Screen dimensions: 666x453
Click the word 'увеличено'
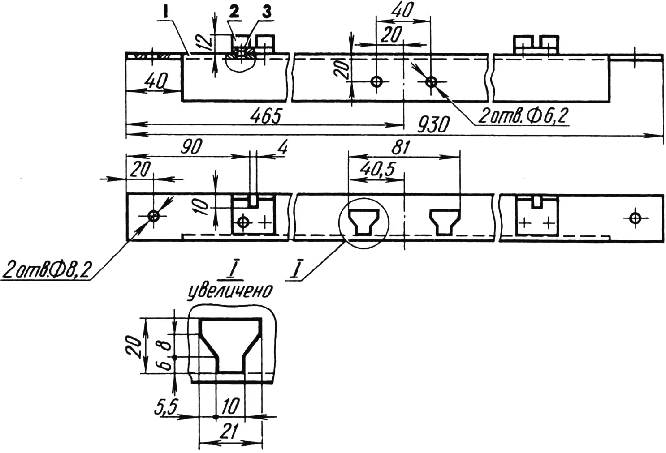(x=230, y=291)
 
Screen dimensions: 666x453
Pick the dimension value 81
(x=400, y=147)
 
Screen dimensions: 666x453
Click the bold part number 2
(x=234, y=13)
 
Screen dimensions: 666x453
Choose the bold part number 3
(x=267, y=13)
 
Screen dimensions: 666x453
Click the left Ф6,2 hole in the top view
(x=376, y=81)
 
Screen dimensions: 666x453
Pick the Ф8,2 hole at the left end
(x=153, y=216)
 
